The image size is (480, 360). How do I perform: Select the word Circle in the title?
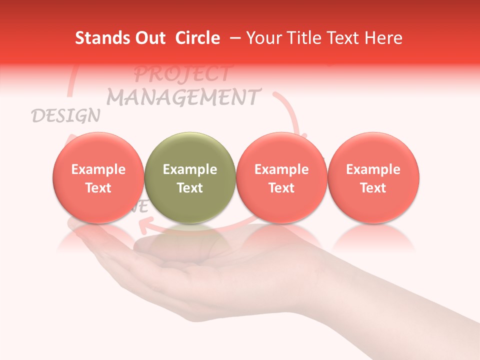197,38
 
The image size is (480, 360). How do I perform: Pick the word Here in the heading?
383,38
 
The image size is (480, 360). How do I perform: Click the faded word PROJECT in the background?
182,74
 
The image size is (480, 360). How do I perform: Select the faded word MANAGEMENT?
183,97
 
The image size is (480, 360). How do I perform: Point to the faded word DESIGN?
65,116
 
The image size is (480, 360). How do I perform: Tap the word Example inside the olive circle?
189,169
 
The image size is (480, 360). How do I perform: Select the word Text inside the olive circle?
189,188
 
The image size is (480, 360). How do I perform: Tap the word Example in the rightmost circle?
373,169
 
